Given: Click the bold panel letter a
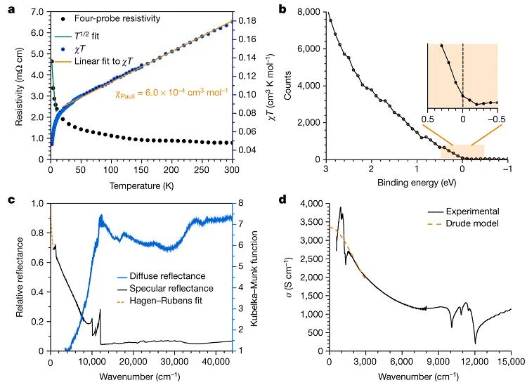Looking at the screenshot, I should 5,8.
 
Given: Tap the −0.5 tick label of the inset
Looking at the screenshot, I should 497,119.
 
